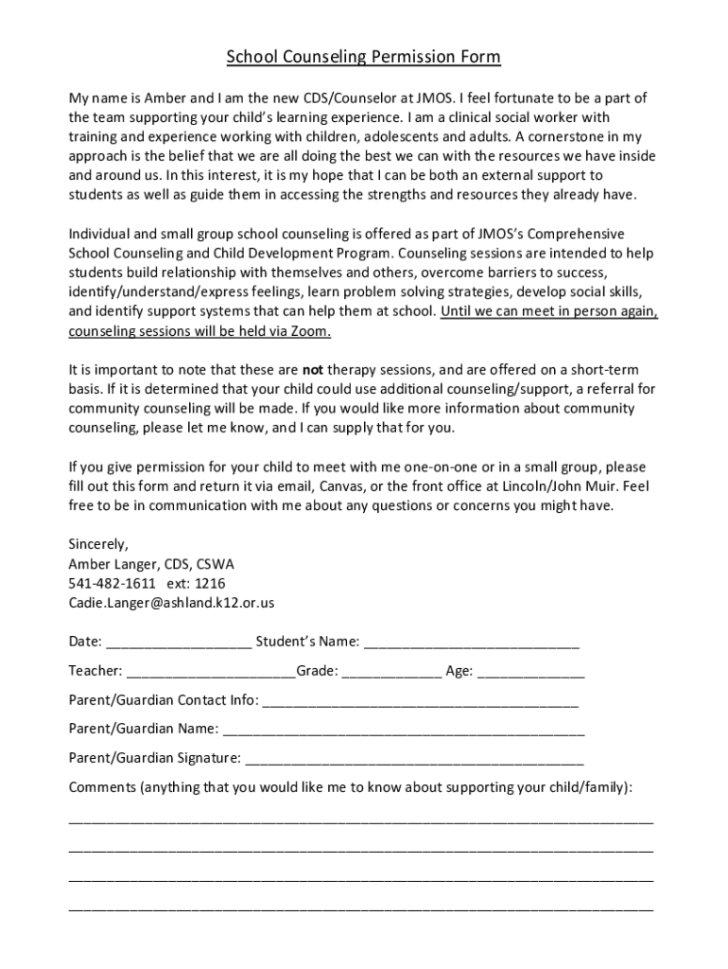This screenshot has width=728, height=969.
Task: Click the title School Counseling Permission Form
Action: pyautogui.click(x=363, y=58)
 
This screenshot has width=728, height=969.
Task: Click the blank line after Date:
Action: pyautogui.click(x=179, y=643)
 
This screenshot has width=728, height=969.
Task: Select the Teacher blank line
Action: pyautogui.click(x=210, y=672)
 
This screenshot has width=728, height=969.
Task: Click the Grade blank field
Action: pyautogui.click(x=391, y=672)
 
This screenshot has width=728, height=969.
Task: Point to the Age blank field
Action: pyautogui.click(x=530, y=672)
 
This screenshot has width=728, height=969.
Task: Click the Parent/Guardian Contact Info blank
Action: pyautogui.click(x=419, y=701)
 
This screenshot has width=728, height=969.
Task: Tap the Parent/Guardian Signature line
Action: pyautogui.click(x=413, y=759)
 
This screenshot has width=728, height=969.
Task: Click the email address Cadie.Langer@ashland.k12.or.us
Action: pyautogui.click(x=171, y=603)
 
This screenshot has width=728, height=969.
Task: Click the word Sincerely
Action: pyautogui.click(x=97, y=544)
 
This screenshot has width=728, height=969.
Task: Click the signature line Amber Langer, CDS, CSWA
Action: pyautogui.click(x=151, y=564)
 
